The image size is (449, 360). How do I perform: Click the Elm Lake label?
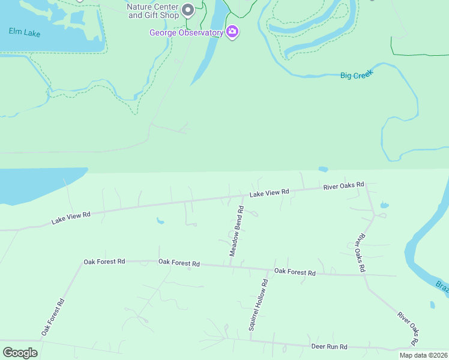click(25, 32)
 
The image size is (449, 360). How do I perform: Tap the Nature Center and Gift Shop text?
click(153, 11)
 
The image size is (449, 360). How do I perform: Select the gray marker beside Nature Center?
click(188, 10)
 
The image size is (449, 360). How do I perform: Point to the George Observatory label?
click(186, 32)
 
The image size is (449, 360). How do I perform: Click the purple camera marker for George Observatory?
click(232, 32)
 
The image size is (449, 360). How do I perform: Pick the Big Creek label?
click(357, 75)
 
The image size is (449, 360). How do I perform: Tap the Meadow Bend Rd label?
click(236, 232)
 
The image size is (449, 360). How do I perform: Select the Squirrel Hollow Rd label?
click(259, 304)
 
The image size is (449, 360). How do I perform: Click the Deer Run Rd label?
click(330, 347)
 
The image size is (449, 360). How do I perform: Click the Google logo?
click(20, 353)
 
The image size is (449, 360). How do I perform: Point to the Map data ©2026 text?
click(423, 355)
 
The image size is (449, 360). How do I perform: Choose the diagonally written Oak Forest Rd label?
click(53, 317)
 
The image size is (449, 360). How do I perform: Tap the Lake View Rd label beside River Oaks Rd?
click(270, 193)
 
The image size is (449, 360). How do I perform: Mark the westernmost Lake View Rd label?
click(71, 217)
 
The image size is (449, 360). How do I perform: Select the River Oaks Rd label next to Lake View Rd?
click(344, 185)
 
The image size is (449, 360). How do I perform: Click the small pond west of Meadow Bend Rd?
click(160, 221)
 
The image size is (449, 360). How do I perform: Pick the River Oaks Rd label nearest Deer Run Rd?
click(408, 328)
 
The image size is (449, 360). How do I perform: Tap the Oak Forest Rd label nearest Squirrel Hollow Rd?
click(295, 272)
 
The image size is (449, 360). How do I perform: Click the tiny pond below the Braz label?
click(432, 305)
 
